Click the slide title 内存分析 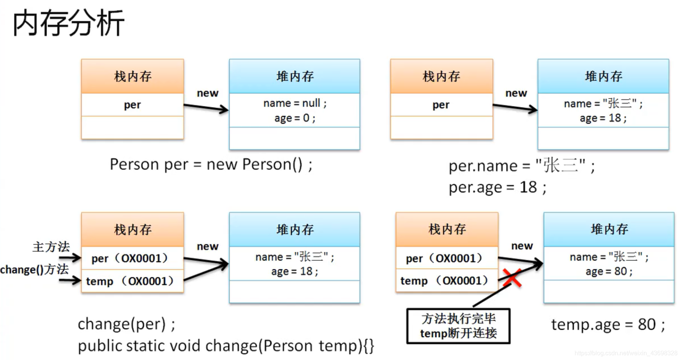coord(69,23)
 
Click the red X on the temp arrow coord(512,278)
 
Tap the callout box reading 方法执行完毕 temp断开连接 coord(458,326)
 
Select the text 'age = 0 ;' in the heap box coord(295,118)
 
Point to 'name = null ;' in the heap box coord(295,103)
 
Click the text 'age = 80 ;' coord(609,271)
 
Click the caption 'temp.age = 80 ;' coord(608,324)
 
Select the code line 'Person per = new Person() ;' coord(211,165)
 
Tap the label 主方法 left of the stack coord(51,247)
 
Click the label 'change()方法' coord(34,270)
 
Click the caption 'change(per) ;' coord(126,324)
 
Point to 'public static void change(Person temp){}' coord(226,346)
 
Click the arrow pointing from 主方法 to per coord(70,258)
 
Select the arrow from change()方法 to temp coord(70,281)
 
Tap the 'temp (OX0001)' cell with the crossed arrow coord(444,281)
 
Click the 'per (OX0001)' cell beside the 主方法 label coord(129,259)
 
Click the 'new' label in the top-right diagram coord(516,93)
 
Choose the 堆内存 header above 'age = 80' coord(609,229)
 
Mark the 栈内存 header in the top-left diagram coord(132,76)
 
